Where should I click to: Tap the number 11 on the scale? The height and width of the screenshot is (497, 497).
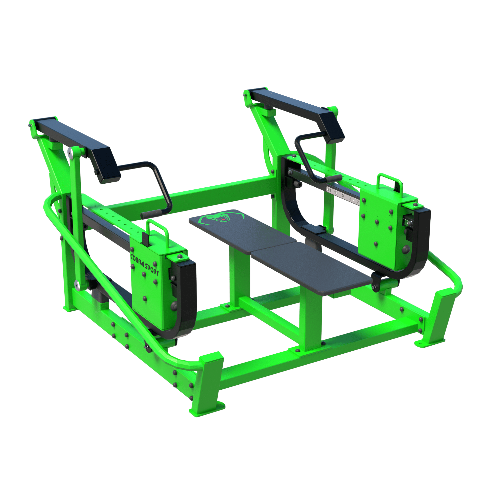coord(329,190)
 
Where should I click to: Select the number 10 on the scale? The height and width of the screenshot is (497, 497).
coord(336,193)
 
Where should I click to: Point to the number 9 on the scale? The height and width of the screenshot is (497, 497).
coord(343,196)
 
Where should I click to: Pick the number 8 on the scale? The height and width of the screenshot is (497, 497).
coord(350,199)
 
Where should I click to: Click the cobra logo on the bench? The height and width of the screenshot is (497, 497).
coord(221,218)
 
